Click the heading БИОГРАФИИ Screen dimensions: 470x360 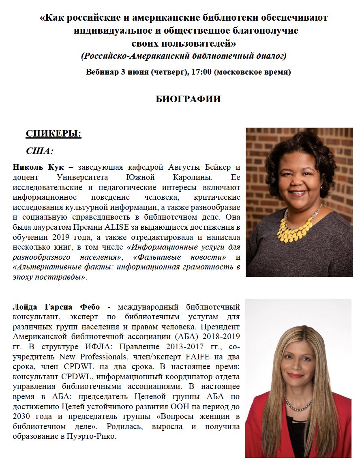point(188,99)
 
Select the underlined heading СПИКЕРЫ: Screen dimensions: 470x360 point(54,134)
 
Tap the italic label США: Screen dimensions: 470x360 point(40,151)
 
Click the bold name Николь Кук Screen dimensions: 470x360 point(35,167)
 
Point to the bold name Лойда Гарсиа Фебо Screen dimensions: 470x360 point(57,307)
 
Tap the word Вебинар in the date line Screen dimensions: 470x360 point(102,72)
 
